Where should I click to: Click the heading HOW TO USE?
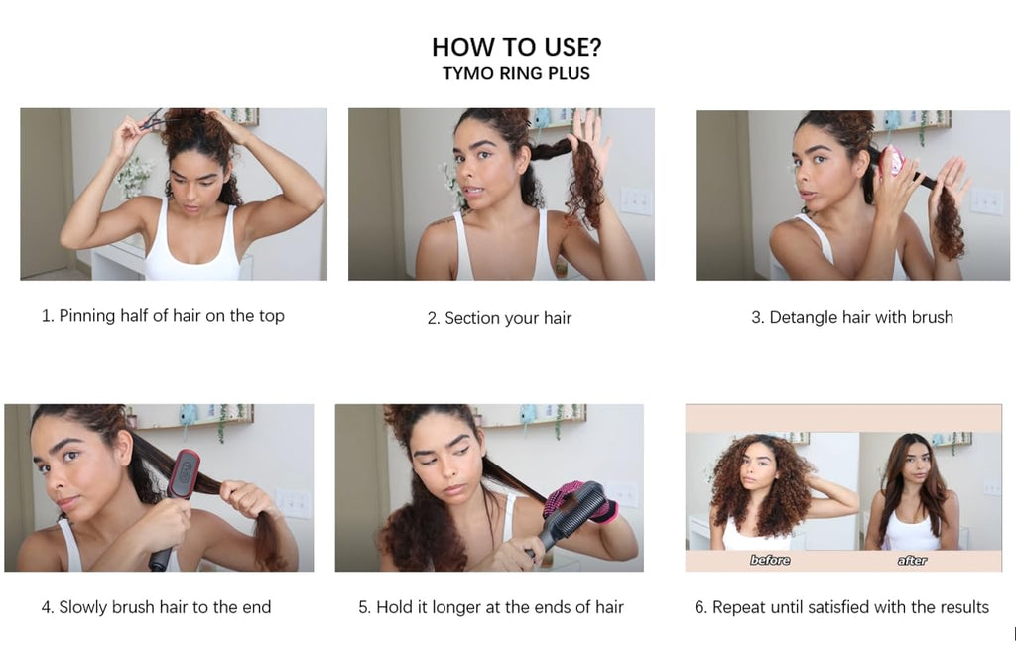click(x=516, y=47)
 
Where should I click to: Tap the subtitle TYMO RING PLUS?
click(x=516, y=73)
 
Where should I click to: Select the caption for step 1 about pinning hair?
click(x=163, y=316)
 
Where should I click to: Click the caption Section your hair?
click(x=499, y=318)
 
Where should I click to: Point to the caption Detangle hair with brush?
click(x=852, y=317)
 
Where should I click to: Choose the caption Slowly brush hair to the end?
click(x=156, y=607)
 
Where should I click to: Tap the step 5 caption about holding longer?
click(x=490, y=607)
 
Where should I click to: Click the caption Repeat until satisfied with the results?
click(x=841, y=607)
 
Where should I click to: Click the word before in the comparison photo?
click(x=770, y=560)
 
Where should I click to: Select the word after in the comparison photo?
click(x=913, y=560)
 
